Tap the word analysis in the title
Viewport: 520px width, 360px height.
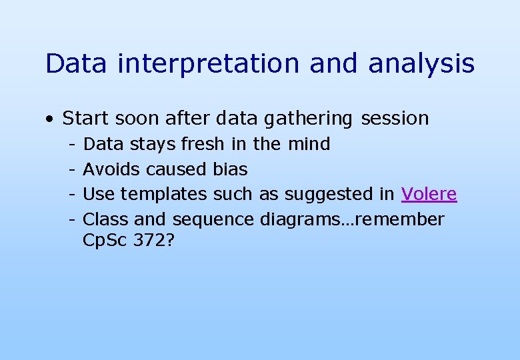tap(421, 65)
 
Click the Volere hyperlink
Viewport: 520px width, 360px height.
tap(429, 194)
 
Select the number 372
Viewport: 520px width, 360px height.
tap(153, 241)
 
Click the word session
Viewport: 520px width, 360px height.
tap(395, 119)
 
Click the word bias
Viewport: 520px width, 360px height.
tap(230, 169)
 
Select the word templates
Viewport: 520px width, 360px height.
tap(164, 195)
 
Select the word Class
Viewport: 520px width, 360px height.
tap(106, 219)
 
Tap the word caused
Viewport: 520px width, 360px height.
tap(176, 169)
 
